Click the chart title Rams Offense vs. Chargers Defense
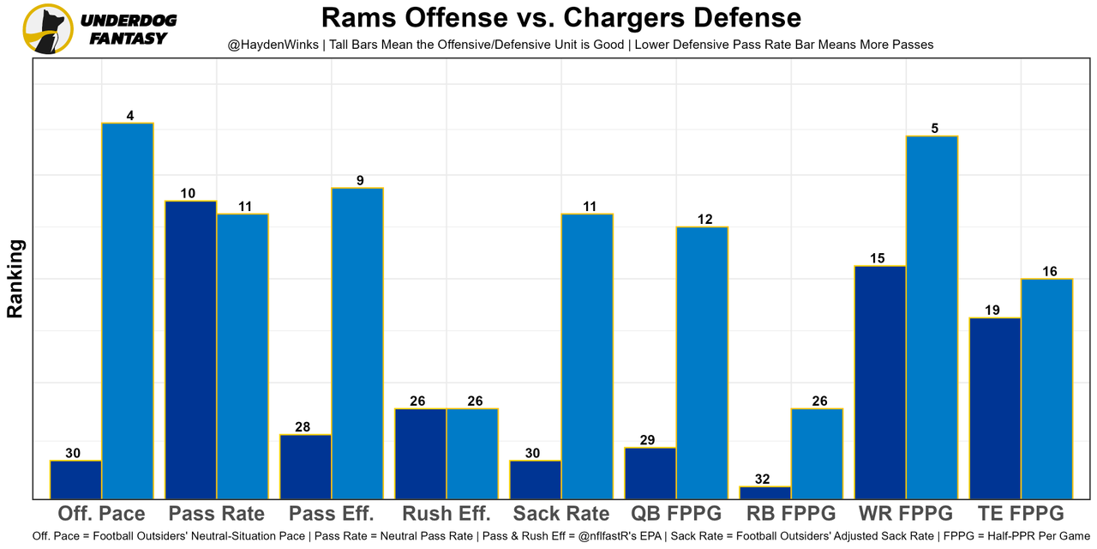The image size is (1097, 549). click(x=561, y=17)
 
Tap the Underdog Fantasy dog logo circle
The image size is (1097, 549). click(x=48, y=29)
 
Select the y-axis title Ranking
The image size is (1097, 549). click(x=15, y=279)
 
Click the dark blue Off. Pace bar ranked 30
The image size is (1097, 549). click(x=76, y=480)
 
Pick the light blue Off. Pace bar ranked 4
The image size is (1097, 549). click(x=128, y=311)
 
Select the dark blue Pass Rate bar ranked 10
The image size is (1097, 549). click(x=191, y=350)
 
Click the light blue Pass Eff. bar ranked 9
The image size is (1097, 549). click(x=357, y=343)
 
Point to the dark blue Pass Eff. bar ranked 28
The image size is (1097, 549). click(x=306, y=467)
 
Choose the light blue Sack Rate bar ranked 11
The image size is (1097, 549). click(x=587, y=356)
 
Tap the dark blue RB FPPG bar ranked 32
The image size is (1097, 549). click(x=765, y=492)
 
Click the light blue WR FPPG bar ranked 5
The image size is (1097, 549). click(x=932, y=317)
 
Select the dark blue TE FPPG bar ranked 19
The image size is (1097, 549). click(x=995, y=408)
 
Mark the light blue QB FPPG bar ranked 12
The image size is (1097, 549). click(x=702, y=363)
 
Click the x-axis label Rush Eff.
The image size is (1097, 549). click(x=447, y=514)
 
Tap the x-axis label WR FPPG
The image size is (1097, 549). click(x=906, y=514)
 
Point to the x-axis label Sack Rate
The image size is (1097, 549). click(x=561, y=514)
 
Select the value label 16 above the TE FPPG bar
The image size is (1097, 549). click(x=1050, y=271)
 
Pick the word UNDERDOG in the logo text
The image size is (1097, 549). click(x=129, y=21)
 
